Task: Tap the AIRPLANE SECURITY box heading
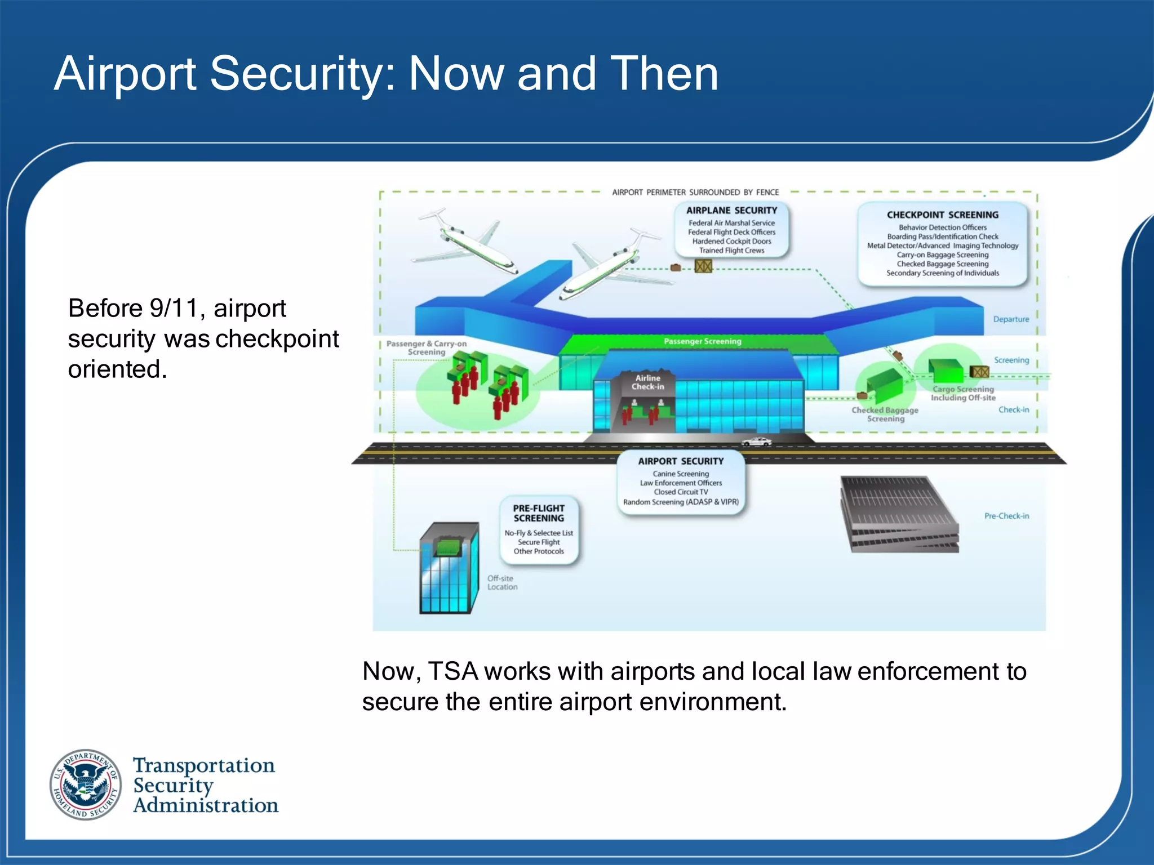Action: (731, 211)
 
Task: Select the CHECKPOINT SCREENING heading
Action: (942, 215)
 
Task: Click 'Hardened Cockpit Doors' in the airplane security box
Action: (731, 242)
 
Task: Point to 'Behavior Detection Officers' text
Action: (942, 228)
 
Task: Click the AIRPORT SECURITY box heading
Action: (681, 461)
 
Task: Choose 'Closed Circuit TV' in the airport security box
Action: (681, 492)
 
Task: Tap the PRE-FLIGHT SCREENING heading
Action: (539, 513)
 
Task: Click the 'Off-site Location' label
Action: (502, 583)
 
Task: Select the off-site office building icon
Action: (449, 569)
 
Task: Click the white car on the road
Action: (756, 442)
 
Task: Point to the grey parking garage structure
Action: (899, 514)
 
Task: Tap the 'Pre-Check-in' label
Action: (1006, 516)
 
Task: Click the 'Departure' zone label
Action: (1011, 319)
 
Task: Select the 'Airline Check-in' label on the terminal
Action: (647, 382)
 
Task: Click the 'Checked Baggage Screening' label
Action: (885, 414)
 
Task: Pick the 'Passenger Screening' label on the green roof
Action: (702, 341)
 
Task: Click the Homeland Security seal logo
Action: (86, 784)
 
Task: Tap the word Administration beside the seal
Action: (206, 806)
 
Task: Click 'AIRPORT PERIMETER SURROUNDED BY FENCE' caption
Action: (695, 193)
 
